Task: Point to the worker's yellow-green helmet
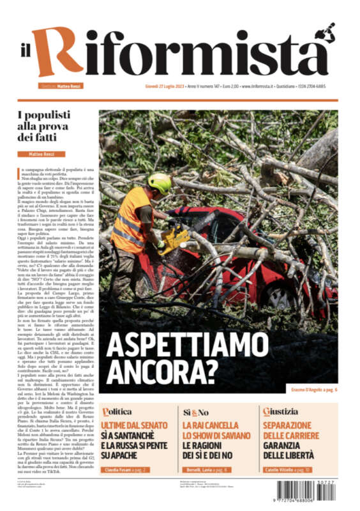(160, 183)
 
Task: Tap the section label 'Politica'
(117, 412)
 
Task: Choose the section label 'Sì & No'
(196, 412)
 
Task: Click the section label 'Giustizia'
(279, 412)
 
